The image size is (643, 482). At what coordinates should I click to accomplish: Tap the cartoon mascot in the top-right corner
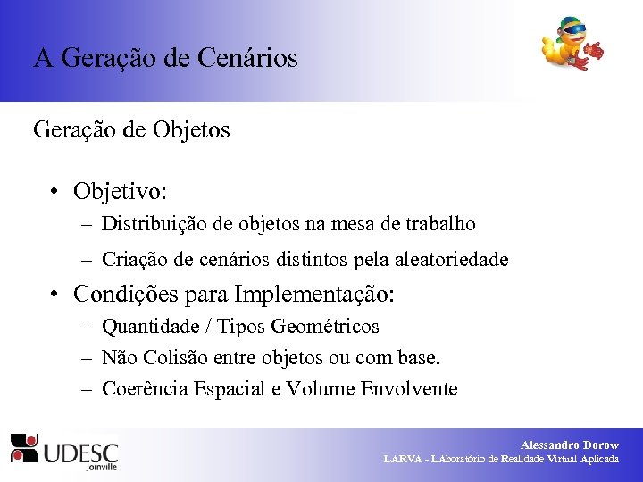(571, 44)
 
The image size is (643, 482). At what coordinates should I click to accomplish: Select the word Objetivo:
(121, 191)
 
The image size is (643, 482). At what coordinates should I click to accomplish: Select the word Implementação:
(314, 294)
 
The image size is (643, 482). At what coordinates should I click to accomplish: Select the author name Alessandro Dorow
(569, 445)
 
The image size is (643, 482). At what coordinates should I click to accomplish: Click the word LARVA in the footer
(404, 459)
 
